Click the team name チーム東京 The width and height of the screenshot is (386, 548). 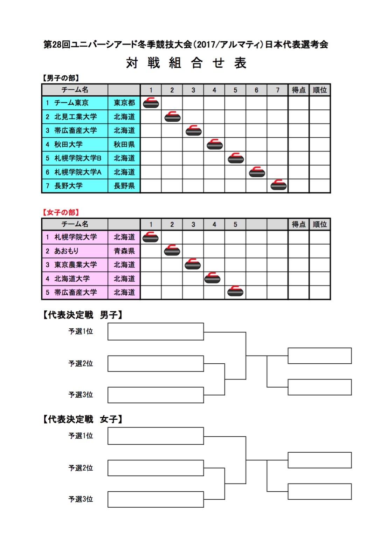pyautogui.click(x=71, y=103)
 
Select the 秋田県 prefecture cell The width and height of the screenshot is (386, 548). pyautogui.click(x=124, y=144)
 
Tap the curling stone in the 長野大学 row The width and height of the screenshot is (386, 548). pyautogui.click(x=278, y=185)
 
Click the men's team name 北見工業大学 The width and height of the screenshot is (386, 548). pyautogui.click(x=76, y=117)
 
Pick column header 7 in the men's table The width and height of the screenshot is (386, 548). pyautogui.click(x=277, y=90)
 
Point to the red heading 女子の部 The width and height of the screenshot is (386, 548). pyautogui.click(x=61, y=212)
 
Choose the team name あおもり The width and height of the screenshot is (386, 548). pyautogui.click(x=66, y=251)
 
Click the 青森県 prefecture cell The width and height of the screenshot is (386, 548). pyautogui.click(x=124, y=251)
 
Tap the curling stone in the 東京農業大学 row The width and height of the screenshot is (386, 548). pyautogui.click(x=193, y=264)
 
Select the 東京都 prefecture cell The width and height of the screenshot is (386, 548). pyautogui.click(x=124, y=103)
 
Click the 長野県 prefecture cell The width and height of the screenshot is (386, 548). pyautogui.click(x=124, y=186)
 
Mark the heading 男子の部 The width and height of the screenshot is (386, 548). pyautogui.click(x=61, y=78)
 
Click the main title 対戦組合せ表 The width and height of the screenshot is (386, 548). pyautogui.click(x=186, y=63)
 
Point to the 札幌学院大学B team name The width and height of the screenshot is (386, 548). pyautogui.click(x=78, y=158)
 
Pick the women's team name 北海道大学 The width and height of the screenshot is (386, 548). pyautogui.click(x=72, y=279)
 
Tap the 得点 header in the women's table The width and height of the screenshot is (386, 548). pyautogui.click(x=298, y=224)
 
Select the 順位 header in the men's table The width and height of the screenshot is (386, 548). pyautogui.click(x=320, y=90)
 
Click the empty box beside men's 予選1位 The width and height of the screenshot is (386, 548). pyautogui.click(x=156, y=331)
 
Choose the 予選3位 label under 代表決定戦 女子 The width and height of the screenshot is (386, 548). pyautogui.click(x=81, y=499)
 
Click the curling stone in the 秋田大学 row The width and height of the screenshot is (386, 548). pyautogui.click(x=214, y=144)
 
